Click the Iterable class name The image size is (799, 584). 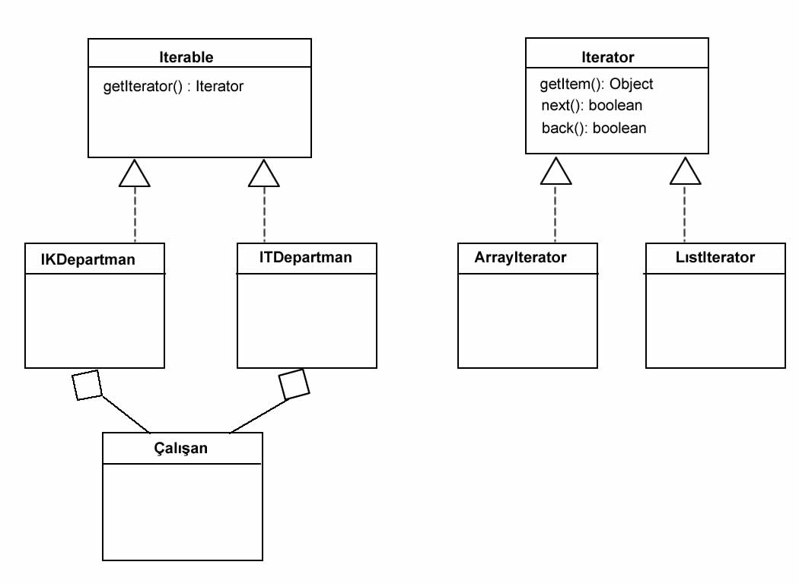[x=186, y=57]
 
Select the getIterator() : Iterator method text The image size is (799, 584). [x=173, y=86]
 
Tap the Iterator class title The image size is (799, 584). [x=607, y=57]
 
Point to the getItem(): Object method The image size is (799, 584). [x=597, y=84]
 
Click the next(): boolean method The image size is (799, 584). [x=591, y=106]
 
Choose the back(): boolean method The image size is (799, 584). [x=594, y=128]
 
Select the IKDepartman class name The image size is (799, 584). [x=88, y=259]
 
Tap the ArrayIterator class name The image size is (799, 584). [x=520, y=257]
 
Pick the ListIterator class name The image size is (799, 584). [x=715, y=257]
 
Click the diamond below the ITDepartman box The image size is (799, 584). [x=294, y=384]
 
